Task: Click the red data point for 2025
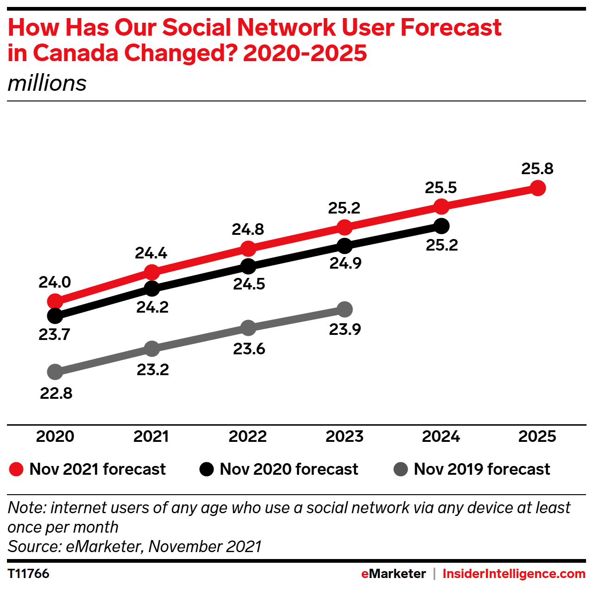click(x=537, y=188)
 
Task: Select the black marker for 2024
click(x=442, y=226)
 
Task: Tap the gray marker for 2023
click(x=345, y=309)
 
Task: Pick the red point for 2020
click(x=55, y=302)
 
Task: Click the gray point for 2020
click(x=55, y=371)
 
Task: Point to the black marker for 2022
click(x=248, y=266)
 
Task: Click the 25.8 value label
click(x=537, y=169)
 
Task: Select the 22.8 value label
click(x=56, y=393)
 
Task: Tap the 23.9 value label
click(x=345, y=329)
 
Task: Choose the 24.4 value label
click(x=151, y=253)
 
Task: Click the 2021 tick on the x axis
click(x=151, y=436)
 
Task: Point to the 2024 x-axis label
click(x=441, y=436)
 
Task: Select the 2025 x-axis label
click(x=537, y=436)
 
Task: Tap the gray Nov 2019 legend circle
click(x=400, y=469)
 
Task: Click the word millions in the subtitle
click(x=47, y=83)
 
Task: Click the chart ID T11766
click(x=29, y=573)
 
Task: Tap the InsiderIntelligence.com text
click(x=514, y=573)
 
